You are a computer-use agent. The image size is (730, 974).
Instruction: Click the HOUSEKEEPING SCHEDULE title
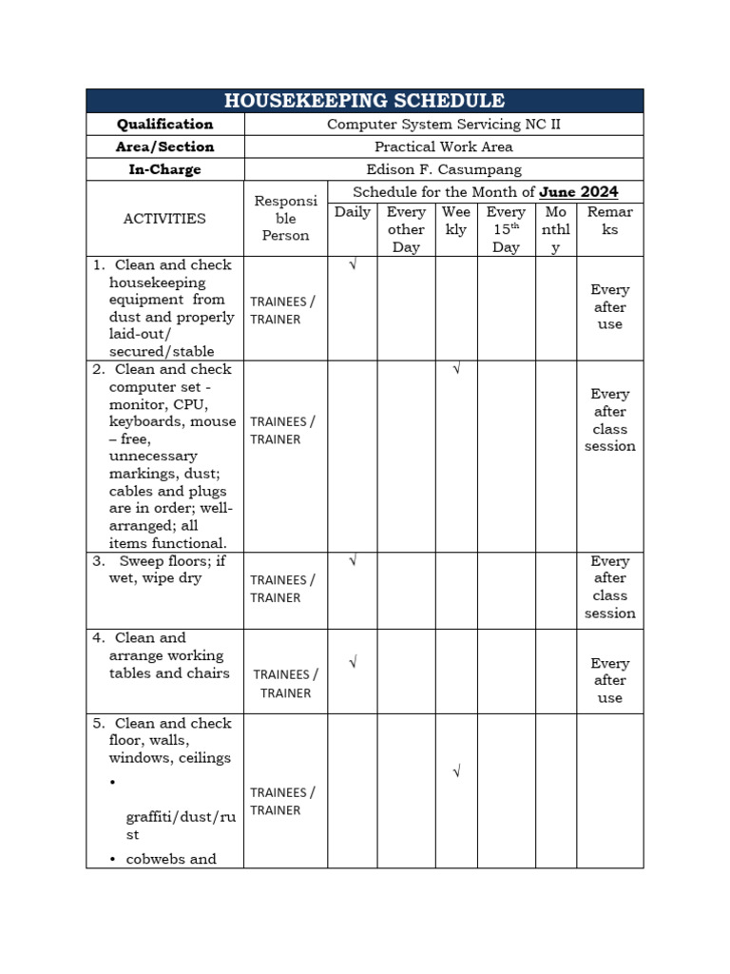[x=364, y=101]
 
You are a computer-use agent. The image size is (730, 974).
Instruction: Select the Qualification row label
[x=165, y=125]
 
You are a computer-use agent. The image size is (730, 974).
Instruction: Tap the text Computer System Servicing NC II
[x=444, y=125]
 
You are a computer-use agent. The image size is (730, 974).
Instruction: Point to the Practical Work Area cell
[x=444, y=147]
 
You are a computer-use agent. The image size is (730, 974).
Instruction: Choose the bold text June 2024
[x=578, y=192]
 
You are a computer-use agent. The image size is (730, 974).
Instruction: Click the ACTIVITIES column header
[x=164, y=219]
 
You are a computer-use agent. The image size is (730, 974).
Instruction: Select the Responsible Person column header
[x=285, y=219]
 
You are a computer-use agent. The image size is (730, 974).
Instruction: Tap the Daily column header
[x=353, y=212]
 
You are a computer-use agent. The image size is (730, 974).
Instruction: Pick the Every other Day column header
[x=406, y=229]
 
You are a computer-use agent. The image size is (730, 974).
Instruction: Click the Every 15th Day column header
[x=506, y=229]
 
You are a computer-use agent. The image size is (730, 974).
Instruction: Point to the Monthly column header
[x=556, y=229]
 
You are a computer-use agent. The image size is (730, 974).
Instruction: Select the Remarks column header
[x=609, y=221]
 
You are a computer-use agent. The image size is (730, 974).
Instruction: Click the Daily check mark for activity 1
[x=353, y=265]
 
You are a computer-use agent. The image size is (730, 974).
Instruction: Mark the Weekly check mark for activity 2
[x=456, y=369]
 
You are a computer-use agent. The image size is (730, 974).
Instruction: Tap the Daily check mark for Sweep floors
[x=353, y=561]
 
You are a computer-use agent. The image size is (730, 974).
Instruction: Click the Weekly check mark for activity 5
[x=456, y=772]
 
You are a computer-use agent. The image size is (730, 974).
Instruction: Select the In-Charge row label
[x=165, y=170]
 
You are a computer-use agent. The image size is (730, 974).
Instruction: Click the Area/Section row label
[x=165, y=147]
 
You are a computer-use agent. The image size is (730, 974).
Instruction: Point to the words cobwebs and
[x=171, y=859]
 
